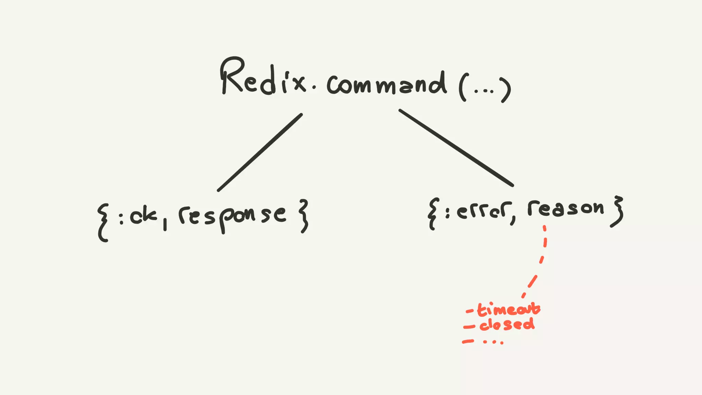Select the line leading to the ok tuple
260,152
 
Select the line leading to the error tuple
456,147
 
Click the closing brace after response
303,216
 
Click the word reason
566,208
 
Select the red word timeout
509,309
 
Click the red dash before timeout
470,311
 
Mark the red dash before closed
469,327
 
